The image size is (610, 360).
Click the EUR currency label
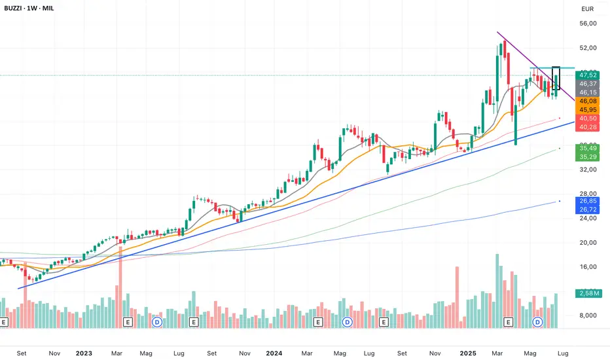[586, 9]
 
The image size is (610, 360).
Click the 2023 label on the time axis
[84, 353]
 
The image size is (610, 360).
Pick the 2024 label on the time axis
[274, 353]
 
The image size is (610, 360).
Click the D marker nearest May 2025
[537, 322]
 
